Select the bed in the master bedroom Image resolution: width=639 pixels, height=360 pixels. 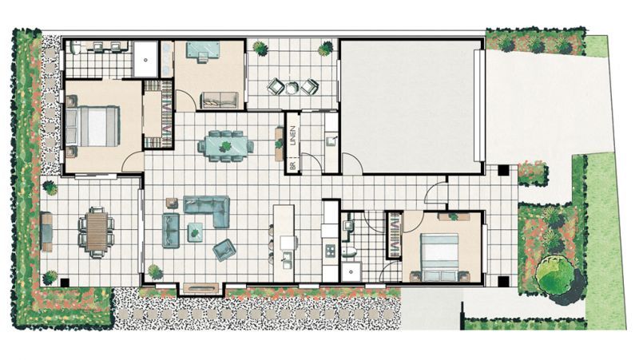click(93, 127)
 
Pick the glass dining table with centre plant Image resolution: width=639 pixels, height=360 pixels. click(226, 146)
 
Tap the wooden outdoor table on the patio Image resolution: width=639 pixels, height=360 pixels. click(96, 231)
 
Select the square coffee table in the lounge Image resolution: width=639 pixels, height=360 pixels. click(195, 232)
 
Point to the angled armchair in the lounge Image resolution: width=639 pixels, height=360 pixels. click(224, 250)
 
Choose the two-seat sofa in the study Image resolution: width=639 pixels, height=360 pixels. click(218, 100)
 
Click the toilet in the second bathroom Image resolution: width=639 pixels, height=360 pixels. click(349, 252)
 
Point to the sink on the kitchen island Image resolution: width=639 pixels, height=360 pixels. click(285, 259)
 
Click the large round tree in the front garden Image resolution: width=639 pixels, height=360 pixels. click(554, 274)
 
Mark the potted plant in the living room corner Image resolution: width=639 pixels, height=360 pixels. click(154, 271)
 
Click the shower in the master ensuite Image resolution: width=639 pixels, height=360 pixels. click(145, 58)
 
